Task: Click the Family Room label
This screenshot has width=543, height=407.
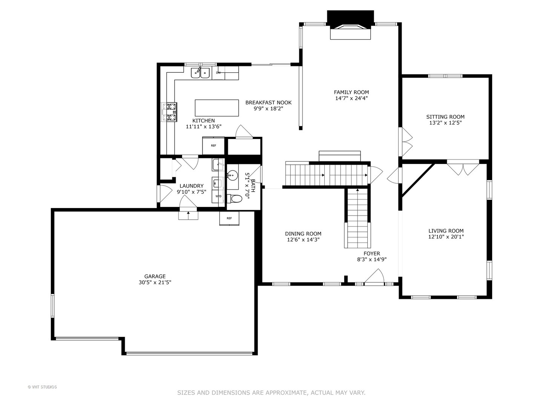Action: (x=351, y=92)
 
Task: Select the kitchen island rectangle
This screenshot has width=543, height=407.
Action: (x=216, y=108)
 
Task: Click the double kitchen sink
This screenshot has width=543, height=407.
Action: (x=200, y=72)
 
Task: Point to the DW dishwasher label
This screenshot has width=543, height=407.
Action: (x=218, y=73)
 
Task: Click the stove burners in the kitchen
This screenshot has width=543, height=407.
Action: (x=169, y=112)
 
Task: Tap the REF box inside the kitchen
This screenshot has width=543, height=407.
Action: (x=213, y=145)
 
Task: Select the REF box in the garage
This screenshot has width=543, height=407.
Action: (x=229, y=218)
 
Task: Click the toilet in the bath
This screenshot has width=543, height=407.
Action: (x=236, y=199)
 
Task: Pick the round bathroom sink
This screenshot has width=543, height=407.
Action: (x=232, y=175)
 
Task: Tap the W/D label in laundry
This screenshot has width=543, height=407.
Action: (x=218, y=196)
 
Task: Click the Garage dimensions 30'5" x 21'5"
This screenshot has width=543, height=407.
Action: (x=155, y=282)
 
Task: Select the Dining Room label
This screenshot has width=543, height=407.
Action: (x=303, y=234)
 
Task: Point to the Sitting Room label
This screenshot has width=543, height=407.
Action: (x=445, y=117)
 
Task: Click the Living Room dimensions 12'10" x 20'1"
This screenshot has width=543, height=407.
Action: (x=446, y=237)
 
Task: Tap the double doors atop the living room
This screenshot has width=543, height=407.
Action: (x=463, y=168)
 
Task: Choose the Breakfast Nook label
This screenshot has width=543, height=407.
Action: (x=268, y=103)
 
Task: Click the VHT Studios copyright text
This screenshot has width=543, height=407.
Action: (x=42, y=387)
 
